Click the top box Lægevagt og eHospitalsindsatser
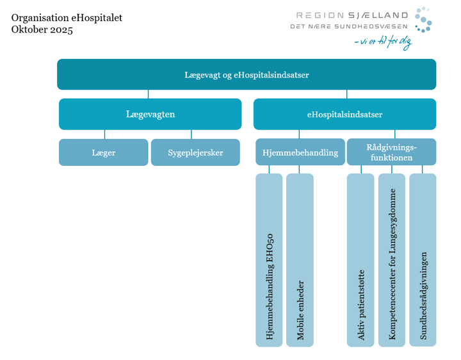point(247,75)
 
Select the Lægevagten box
point(150,115)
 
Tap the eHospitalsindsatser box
point(344,115)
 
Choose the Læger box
point(104,152)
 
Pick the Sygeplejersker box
point(195,152)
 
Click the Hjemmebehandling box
point(300,152)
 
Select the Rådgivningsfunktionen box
point(391,152)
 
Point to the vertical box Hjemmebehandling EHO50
point(269,260)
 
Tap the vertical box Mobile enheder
point(300,260)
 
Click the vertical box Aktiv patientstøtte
point(360,260)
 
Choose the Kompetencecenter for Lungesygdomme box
point(392,260)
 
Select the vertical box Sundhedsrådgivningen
point(423,260)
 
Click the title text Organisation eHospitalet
point(67,17)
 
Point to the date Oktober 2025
point(42,29)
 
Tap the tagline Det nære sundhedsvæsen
point(349,26)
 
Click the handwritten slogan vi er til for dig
point(384,42)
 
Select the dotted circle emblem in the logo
point(423,19)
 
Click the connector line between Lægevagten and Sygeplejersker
point(191,135)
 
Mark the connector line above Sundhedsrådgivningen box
point(423,169)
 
